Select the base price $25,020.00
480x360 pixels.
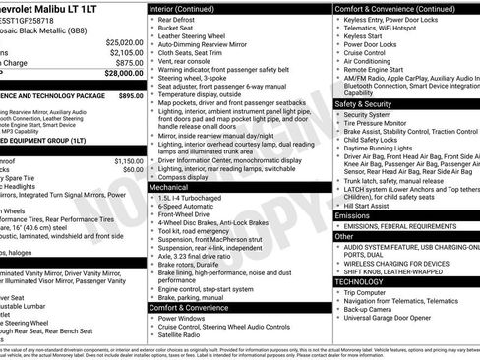point(125,43)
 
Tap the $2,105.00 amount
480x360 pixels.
point(127,53)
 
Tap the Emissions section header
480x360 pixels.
point(352,215)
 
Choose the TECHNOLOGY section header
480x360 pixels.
point(360,281)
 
